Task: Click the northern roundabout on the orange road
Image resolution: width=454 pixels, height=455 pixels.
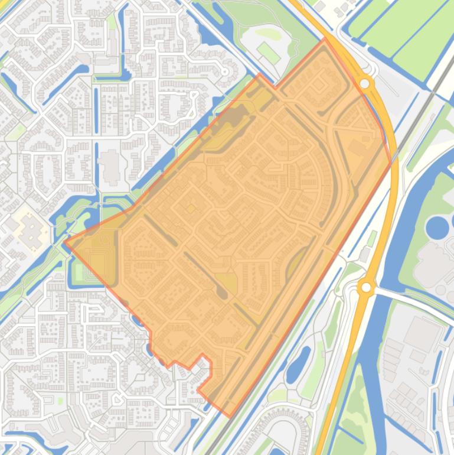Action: pos(365,84)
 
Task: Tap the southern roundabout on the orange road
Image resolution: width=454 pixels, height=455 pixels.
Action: pos(366,287)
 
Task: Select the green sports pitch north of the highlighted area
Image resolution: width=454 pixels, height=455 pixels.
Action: pos(269,52)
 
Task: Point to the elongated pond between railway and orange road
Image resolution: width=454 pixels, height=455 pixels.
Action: pos(298,364)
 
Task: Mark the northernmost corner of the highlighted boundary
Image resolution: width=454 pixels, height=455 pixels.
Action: pos(324,40)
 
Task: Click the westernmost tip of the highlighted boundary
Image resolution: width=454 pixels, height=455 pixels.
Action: pos(66,242)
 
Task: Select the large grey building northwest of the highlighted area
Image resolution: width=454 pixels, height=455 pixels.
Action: pos(110,165)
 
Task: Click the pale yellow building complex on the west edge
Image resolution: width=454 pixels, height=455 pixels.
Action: pos(27,231)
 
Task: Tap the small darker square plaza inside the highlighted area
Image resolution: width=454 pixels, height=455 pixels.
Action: pos(191,208)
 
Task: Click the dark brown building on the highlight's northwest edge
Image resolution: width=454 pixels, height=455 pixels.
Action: pos(236,118)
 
